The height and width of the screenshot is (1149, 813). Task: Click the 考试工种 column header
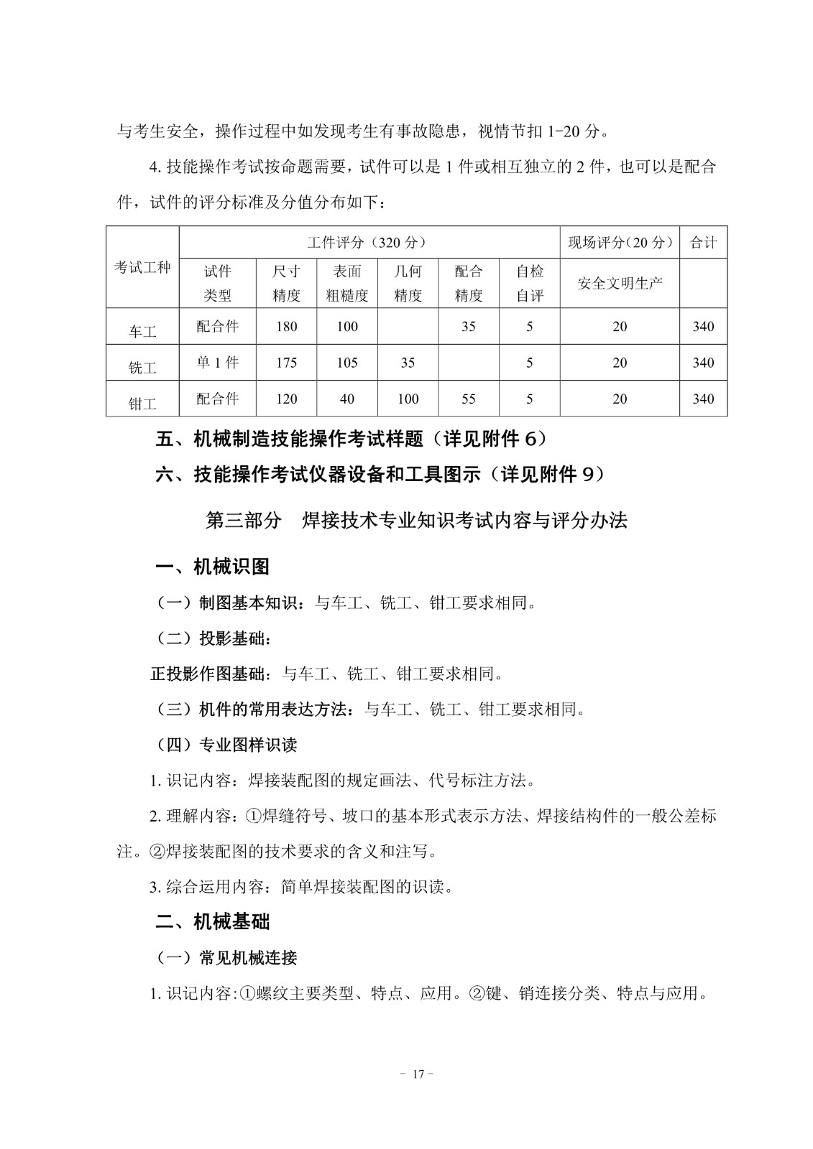click(x=142, y=267)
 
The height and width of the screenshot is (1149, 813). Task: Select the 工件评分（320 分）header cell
click(x=369, y=242)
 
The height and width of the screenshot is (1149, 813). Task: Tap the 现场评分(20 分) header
click(x=620, y=242)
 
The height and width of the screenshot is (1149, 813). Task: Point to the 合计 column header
click(x=703, y=242)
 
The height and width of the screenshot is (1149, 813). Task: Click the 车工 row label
click(x=142, y=331)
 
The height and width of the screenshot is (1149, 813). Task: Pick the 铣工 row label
click(x=142, y=367)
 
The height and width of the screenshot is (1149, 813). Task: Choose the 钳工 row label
click(x=142, y=403)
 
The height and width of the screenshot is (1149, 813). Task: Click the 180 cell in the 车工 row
click(x=286, y=326)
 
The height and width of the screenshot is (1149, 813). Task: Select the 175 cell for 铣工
click(x=286, y=363)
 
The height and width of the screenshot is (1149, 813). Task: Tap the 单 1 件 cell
click(x=217, y=363)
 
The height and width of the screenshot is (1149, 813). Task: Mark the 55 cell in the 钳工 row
click(x=469, y=399)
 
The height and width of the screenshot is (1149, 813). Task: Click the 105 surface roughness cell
click(x=346, y=363)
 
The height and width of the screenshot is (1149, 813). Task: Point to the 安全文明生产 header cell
click(x=620, y=283)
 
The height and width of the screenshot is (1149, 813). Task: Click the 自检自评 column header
click(x=530, y=283)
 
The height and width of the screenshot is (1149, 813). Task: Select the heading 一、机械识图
click(x=213, y=567)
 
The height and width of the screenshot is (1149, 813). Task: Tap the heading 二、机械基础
click(x=213, y=921)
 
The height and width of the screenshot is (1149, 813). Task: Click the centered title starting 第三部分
click(x=416, y=520)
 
